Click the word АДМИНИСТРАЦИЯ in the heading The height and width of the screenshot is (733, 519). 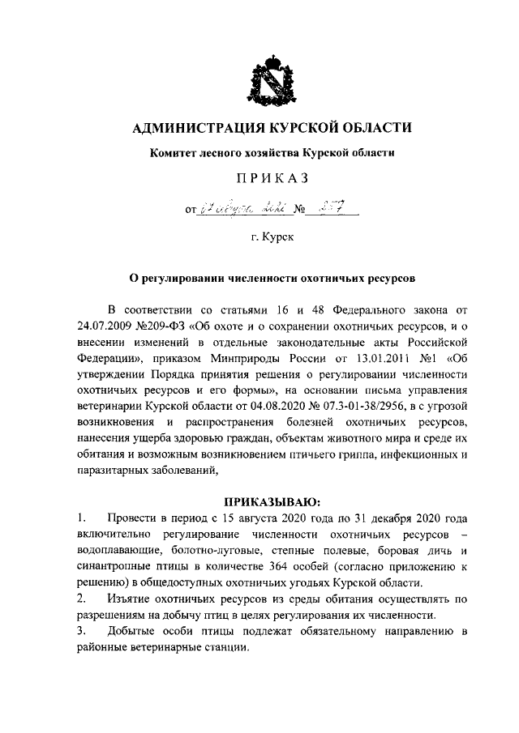coord(193,127)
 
